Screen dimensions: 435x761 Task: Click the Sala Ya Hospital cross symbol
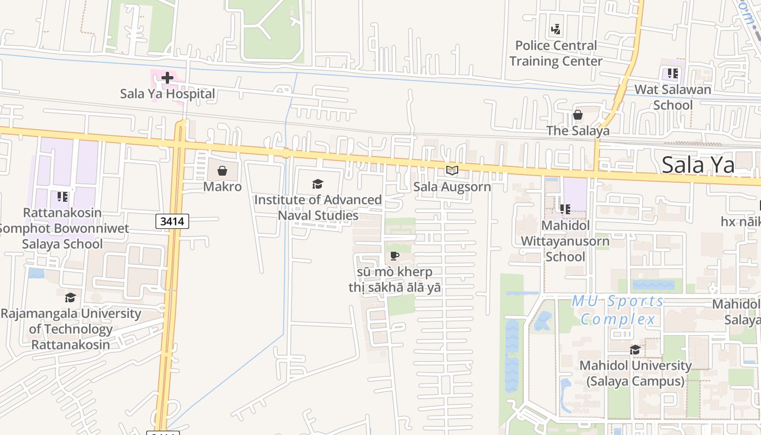click(x=167, y=78)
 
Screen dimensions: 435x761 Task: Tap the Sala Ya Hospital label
click(x=167, y=94)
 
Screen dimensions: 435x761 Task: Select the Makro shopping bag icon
click(x=222, y=171)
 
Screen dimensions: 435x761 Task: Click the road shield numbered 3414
click(x=173, y=221)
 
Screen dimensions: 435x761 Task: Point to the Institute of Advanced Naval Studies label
click(x=318, y=207)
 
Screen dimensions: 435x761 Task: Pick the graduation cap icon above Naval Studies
click(x=318, y=184)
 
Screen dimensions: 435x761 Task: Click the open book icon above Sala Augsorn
click(x=452, y=171)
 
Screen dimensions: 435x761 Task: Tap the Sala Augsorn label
click(x=452, y=187)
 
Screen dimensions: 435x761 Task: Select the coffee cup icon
click(x=395, y=256)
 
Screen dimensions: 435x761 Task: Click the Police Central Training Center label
click(x=556, y=53)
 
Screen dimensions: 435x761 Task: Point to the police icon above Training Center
click(x=556, y=29)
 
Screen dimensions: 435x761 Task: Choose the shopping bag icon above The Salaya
click(x=578, y=115)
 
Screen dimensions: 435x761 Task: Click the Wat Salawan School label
click(x=673, y=97)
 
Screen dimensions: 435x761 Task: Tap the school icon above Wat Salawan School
click(x=673, y=73)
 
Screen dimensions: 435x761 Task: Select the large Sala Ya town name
click(x=698, y=164)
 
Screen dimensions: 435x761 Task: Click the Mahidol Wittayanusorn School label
click(x=565, y=240)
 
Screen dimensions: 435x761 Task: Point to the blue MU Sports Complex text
click(x=618, y=309)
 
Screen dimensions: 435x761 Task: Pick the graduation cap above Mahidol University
click(x=635, y=350)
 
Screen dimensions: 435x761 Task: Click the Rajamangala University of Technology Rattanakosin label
click(x=71, y=328)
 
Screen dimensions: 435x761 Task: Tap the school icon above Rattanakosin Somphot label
click(x=63, y=196)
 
